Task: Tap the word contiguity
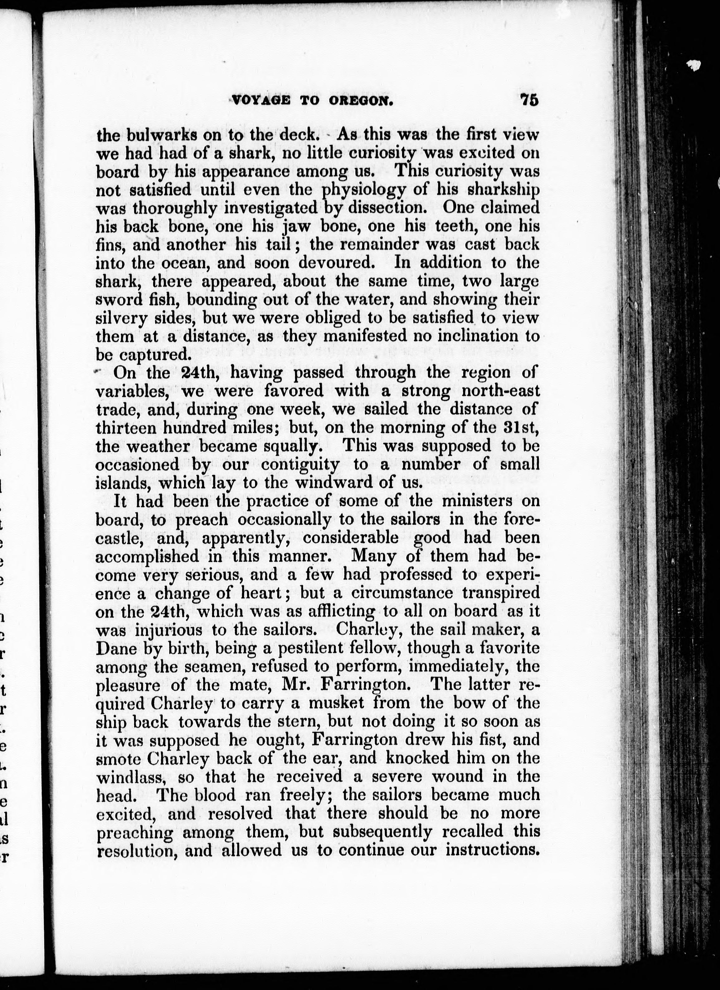click(x=300, y=464)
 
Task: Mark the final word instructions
click(x=491, y=850)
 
